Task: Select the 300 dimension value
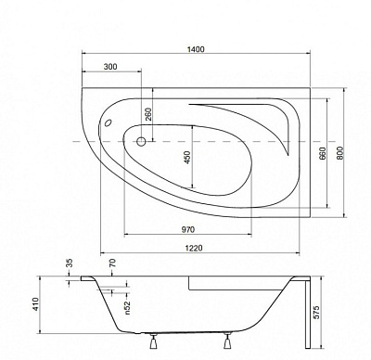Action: [x=109, y=68]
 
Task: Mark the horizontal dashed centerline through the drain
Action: [x=232, y=143]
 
